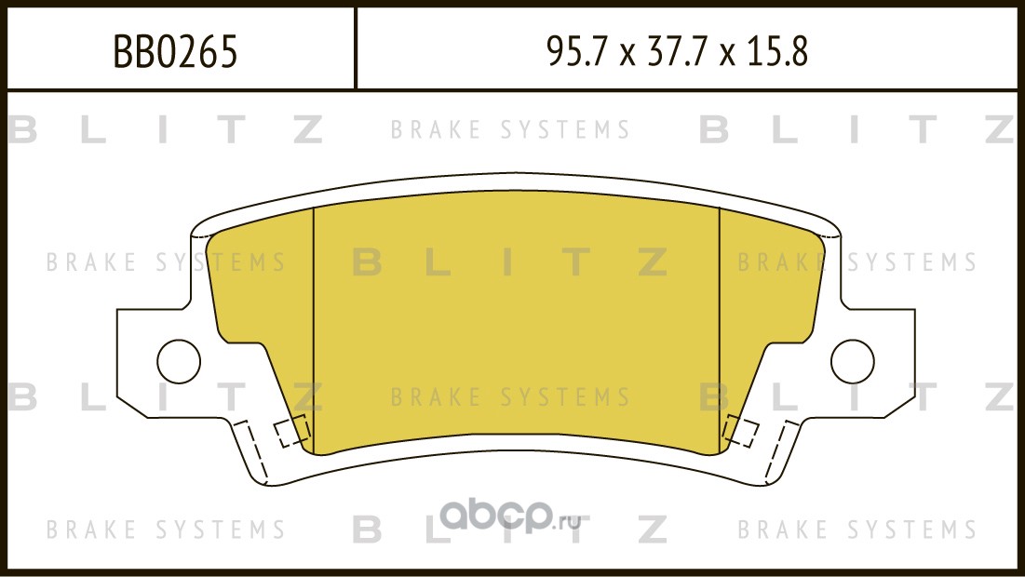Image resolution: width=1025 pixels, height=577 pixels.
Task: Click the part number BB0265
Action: pyautogui.click(x=176, y=51)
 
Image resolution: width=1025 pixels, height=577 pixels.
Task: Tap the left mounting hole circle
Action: pyautogui.click(x=179, y=361)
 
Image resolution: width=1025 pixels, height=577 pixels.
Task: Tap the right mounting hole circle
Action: pyautogui.click(x=853, y=361)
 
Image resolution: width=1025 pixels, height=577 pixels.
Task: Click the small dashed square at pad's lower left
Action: pyautogui.click(x=290, y=431)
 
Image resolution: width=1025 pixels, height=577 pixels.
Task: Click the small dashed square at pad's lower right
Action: pyautogui.click(x=741, y=431)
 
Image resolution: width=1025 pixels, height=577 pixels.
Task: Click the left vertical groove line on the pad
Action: pyautogui.click(x=314, y=330)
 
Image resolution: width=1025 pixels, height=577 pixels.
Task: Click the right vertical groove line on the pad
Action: pyautogui.click(x=719, y=330)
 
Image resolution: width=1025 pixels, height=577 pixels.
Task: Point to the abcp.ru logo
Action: pyautogui.click(x=510, y=517)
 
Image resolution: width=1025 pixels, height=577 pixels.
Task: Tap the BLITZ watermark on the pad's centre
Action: pyautogui.click(x=510, y=262)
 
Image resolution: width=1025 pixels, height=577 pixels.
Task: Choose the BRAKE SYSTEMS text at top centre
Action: pyautogui.click(x=510, y=130)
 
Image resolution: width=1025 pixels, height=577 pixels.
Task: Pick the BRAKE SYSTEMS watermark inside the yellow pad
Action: pyautogui.click(x=510, y=396)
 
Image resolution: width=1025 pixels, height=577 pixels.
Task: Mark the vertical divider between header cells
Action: pyautogui.click(x=355, y=47)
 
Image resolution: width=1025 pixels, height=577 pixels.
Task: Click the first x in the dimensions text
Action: pyautogui.click(x=627, y=55)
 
